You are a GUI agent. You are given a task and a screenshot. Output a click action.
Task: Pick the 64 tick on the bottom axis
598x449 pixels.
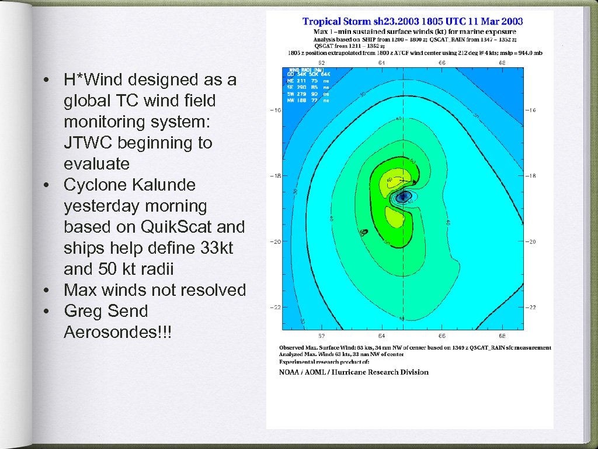coord(381,336)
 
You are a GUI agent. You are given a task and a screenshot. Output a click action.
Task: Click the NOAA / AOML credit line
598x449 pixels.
coord(353,372)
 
